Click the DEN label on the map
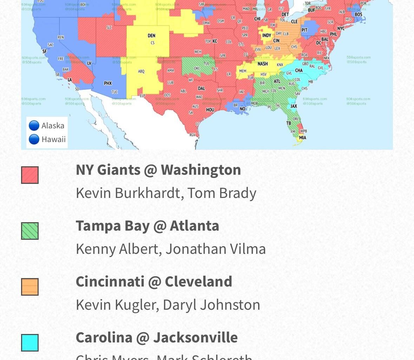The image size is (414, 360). coord(151,36)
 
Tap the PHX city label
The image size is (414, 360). coord(108,83)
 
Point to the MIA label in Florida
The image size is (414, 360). coord(302,138)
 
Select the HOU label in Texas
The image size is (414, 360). coord(210,110)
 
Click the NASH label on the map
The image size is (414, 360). coord(263,64)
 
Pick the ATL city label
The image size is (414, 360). coord(277,81)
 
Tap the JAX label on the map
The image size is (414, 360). coord(294,106)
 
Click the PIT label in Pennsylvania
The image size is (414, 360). coord(304,30)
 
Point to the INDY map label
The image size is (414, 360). coord(267,36)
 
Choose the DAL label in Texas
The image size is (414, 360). coord(201,89)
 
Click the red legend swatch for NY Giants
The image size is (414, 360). coord(30,175)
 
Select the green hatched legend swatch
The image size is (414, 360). coord(30,231)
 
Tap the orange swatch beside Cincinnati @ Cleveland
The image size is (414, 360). coord(30,287)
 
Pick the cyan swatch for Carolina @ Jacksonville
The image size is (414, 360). coord(30,343)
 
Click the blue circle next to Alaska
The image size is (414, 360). coord(34,126)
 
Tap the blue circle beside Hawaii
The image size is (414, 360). coord(34,139)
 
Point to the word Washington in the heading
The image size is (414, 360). coord(201,170)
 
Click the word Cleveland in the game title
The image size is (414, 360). coord(198,282)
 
